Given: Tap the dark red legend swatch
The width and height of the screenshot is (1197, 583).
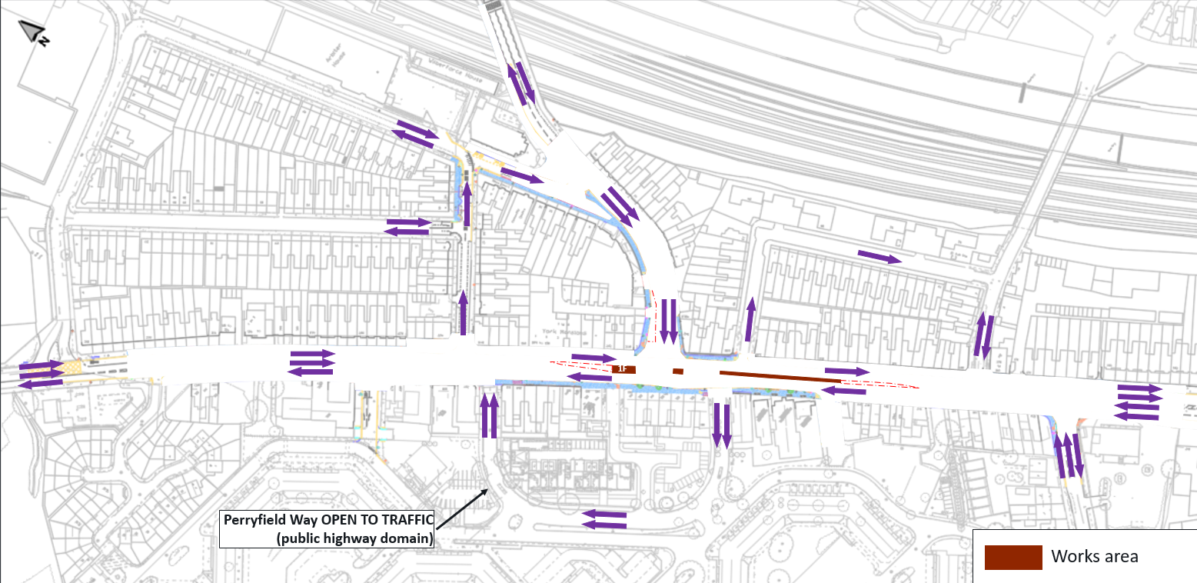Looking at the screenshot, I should click(x=1013, y=557).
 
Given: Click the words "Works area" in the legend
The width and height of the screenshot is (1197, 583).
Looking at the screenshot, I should click(x=1094, y=557).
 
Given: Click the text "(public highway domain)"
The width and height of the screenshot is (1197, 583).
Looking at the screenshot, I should click(x=354, y=538).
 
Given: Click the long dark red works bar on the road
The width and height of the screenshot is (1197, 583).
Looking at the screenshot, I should click(x=780, y=376).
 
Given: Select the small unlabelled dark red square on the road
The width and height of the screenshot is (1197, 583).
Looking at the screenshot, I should click(x=677, y=371).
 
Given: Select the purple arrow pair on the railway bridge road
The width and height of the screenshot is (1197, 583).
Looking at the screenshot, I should click(x=520, y=83).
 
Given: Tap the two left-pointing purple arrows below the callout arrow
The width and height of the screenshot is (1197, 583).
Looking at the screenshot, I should click(x=605, y=519).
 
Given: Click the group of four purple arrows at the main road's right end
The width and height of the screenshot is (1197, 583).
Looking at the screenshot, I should click(x=1138, y=402).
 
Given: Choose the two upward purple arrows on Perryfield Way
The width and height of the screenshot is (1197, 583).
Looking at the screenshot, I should click(x=489, y=415).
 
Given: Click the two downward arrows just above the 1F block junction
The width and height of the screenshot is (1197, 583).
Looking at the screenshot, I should click(x=668, y=321).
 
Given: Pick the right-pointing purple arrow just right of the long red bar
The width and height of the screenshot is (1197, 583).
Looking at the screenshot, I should click(x=847, y=371).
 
